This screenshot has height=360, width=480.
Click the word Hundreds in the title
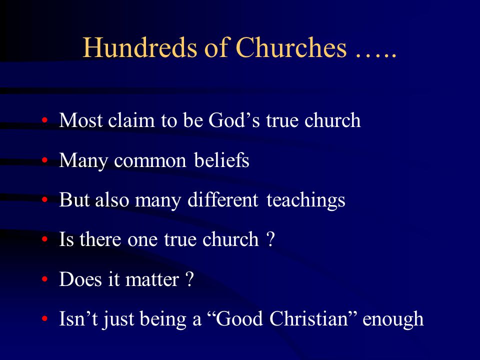click(139, 47)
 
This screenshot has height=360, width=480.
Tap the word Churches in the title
click(291, 47)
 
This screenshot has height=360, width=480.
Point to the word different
click(223, 199)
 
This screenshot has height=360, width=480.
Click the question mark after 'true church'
click(270, 239)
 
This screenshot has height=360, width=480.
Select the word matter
click(152, 280)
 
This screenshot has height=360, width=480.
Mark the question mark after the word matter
click(190, 279)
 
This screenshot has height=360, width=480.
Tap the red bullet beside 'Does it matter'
click(44, 279)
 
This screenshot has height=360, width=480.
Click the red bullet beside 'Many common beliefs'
click(44, 160)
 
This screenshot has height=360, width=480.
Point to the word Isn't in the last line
click(78, 318)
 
